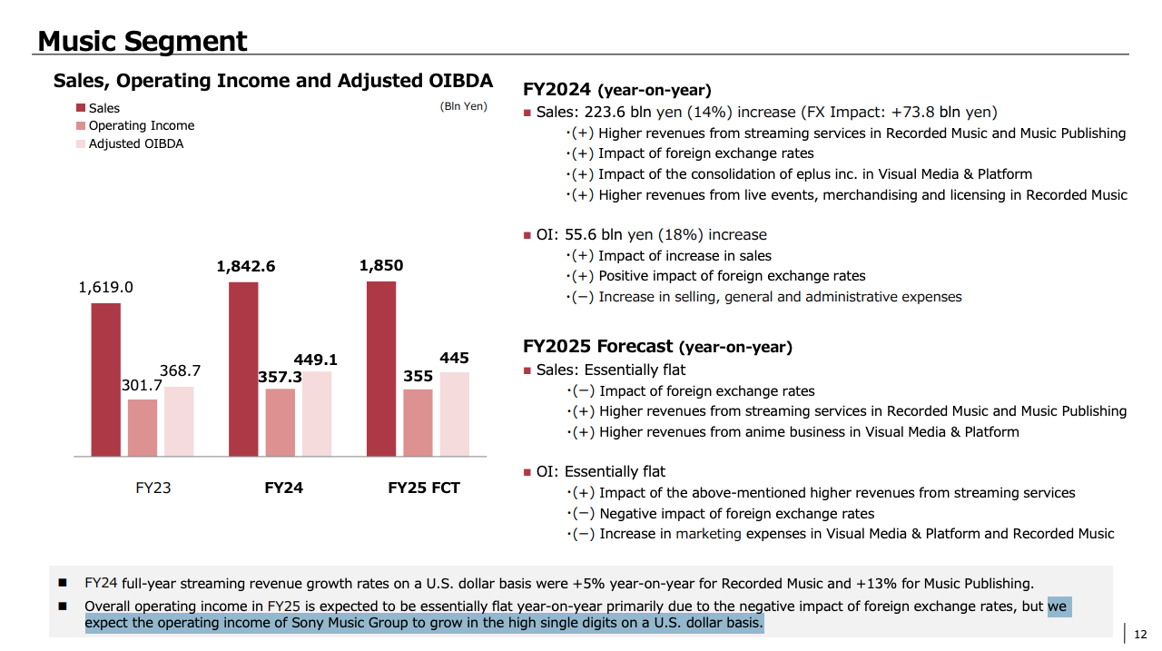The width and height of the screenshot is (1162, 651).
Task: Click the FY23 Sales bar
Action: pos(105,380)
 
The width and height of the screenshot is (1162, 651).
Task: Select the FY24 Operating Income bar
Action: pos(281,422)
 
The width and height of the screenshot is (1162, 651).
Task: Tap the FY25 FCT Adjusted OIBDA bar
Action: pos(455,414)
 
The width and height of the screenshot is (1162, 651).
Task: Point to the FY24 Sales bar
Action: pos(243,369)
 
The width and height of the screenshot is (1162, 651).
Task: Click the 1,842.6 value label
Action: pos(245,266)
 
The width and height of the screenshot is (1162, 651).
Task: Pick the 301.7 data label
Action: pos(142,386)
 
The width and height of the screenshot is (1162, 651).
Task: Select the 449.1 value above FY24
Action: pos(315,360)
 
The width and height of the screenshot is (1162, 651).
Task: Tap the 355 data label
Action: pos(418,376)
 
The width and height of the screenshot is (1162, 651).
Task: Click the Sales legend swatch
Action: pos(81,108)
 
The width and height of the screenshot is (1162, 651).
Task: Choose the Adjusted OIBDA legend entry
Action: pos(135,143)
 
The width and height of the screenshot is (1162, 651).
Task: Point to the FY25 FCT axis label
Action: pos(423,488)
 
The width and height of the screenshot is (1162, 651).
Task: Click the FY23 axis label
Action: pos(147,488)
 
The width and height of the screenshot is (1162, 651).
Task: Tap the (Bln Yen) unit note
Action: pos(463,106)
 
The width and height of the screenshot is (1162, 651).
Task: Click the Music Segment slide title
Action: pos(142,41)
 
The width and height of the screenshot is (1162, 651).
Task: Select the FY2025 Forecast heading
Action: pos(598,346)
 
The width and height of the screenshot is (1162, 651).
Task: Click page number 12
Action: pos(1140,635)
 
